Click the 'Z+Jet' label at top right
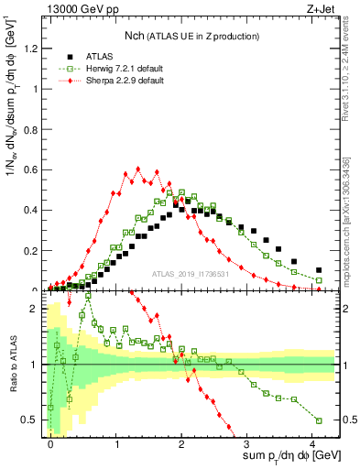321,9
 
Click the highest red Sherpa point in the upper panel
137,169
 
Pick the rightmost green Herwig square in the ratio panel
319,420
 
